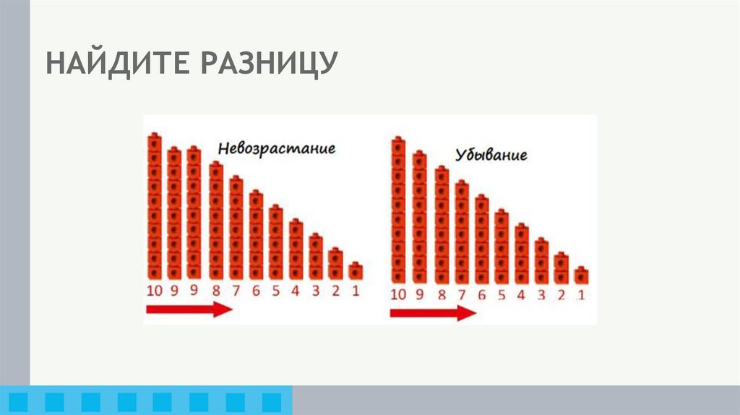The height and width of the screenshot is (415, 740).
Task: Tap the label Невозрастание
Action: pyautogui.click(x=277, y=149)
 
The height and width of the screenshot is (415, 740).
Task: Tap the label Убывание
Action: pyautogui.click(x=491, y=155)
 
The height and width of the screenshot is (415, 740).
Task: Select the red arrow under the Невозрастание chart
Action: pyautogui.click(x=189, y=310)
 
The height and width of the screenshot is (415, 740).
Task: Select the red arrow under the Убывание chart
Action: pyautogui.click(x=433, y=312)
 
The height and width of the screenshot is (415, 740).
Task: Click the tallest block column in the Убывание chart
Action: pyautogui.click(x=398, y=210)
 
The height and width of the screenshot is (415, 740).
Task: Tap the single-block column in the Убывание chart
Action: pyautogui.click(x=581, y=275)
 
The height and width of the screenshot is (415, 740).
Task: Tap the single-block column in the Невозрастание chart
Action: pyautogui.click(x=356, y=271)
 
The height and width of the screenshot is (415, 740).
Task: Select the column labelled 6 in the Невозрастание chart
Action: pyautogui.click(x=256, y=236)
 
